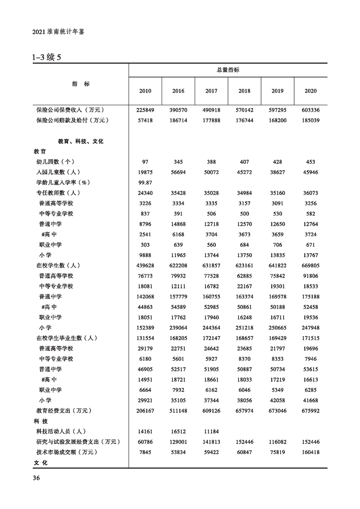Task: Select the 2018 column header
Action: tap(244, 91)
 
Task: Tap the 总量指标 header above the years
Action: tap(228, 70)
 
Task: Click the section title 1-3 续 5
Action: tap(46, 58)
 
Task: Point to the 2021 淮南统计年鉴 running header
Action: tap(59, 32)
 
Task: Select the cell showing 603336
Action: tap(311, 110)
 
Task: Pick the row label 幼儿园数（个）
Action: tap(55, 162)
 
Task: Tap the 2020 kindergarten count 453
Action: tap(311, 162)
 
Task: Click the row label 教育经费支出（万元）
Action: tap(64, 411)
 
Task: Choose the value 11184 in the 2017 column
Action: tap(211, 431)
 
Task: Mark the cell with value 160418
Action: tap(311, 452)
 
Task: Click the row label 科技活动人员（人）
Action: tap(61, 431)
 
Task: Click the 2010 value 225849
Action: tap(145, 110)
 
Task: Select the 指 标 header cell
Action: tap(81, 84)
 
